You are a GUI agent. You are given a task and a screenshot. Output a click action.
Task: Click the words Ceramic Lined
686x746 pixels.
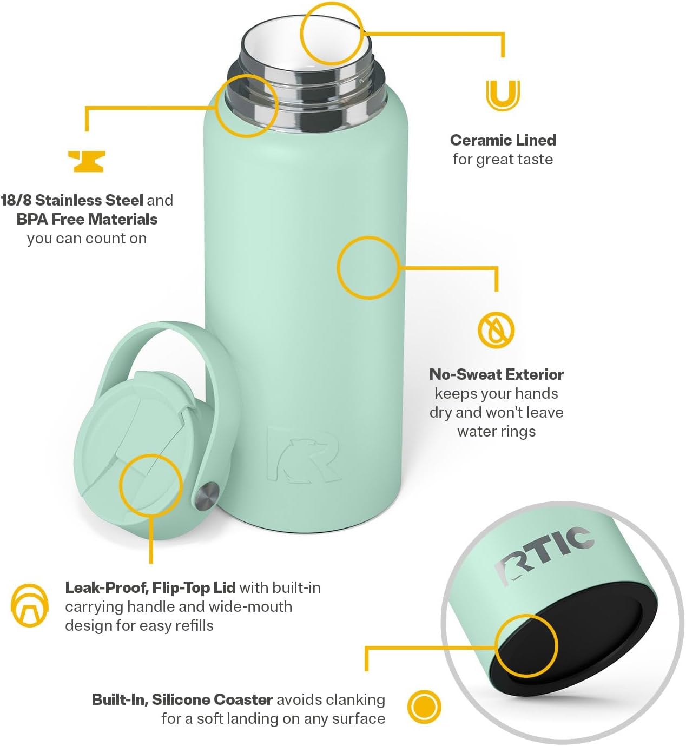coord(503,140)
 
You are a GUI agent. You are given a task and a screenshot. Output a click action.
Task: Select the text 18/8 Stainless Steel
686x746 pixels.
coord(72,200)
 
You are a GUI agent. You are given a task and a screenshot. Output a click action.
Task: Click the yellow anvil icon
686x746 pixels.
coord(87,161)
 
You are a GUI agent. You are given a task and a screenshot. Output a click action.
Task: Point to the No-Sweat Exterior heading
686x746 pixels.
coord(496,374)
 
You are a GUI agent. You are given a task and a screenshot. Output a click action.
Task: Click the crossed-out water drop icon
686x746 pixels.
coord(496,330)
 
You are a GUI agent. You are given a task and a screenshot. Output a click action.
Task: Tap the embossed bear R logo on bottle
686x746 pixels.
coord(303,454)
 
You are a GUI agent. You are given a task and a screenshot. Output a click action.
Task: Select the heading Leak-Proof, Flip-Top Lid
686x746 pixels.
coord(150,587)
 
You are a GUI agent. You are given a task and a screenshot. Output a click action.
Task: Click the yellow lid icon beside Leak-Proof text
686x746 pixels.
coord(30,606)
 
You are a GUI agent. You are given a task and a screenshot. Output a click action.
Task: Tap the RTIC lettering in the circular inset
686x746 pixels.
coord(545,554)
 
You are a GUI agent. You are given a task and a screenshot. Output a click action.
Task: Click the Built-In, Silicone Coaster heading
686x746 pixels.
coord(182,699)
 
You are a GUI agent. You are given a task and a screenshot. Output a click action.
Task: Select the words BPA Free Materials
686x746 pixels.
coord(87,219)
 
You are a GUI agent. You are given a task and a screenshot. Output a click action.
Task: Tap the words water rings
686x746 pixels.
coord(496,432)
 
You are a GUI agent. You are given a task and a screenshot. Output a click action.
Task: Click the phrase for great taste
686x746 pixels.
coord(503,160)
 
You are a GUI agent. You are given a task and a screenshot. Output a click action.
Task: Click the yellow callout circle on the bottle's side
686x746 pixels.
coord(368,268)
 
